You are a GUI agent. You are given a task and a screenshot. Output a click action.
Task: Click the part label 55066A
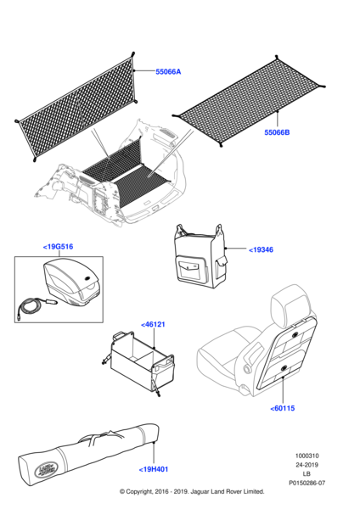(x=168, y=72)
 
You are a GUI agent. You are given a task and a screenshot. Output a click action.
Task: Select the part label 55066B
(x=277, y=132)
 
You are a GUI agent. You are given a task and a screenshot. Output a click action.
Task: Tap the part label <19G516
(x=58, y=247)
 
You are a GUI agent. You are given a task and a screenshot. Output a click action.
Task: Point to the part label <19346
(x=261, y=249)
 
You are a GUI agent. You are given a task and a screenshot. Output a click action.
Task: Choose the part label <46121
(x=153, y=324)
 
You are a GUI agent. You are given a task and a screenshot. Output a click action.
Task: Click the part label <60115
(x=283, y=408)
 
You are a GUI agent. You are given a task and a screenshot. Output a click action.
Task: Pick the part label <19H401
(x=154, y=469)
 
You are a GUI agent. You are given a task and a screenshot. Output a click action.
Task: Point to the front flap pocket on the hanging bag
(x=190, y=267)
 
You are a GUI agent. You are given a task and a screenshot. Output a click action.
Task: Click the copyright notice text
(x=192, y=491)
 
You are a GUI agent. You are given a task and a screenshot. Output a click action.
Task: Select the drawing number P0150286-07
(x=307, y=483)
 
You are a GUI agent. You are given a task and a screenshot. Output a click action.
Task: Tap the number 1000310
(x=307, y=456)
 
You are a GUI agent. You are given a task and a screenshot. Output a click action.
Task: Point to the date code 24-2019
(x=307, y=465)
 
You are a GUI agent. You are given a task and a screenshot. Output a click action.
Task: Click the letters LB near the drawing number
(x=307, y=474)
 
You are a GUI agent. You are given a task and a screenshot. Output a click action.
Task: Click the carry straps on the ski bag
(x=98, y=439)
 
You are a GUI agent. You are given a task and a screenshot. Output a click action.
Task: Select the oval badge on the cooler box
(x=88, y=278)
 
